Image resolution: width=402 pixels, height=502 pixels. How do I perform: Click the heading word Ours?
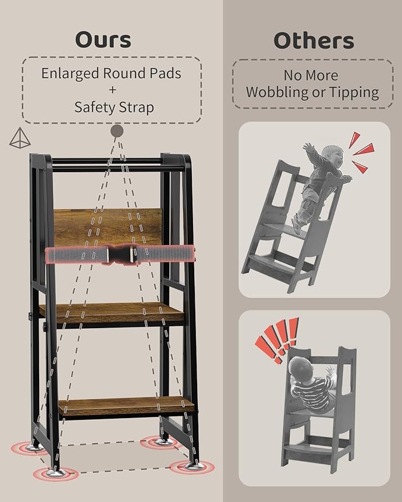click(x=103, y=40)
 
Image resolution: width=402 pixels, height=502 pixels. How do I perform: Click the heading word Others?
click(x=314, y=41)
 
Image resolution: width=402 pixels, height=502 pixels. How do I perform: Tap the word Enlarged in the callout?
click(x=70, y=74)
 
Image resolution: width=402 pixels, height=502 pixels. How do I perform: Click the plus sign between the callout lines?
click(x=112, y=90)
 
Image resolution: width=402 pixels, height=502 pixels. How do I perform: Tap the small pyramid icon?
click(x=20, y=138)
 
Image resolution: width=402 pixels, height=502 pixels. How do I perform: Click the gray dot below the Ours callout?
click(x=117, y=131)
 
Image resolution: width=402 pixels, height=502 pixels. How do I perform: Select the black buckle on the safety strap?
click(x=121, y=254)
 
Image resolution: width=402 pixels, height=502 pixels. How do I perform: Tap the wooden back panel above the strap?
click(x=108, y=227)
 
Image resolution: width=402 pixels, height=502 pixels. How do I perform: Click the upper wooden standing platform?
click(x=111, y=312)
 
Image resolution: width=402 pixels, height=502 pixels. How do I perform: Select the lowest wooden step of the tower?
click(x=126, y=406)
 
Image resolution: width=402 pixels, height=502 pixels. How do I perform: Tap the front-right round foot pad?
click(x=192, y=467)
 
